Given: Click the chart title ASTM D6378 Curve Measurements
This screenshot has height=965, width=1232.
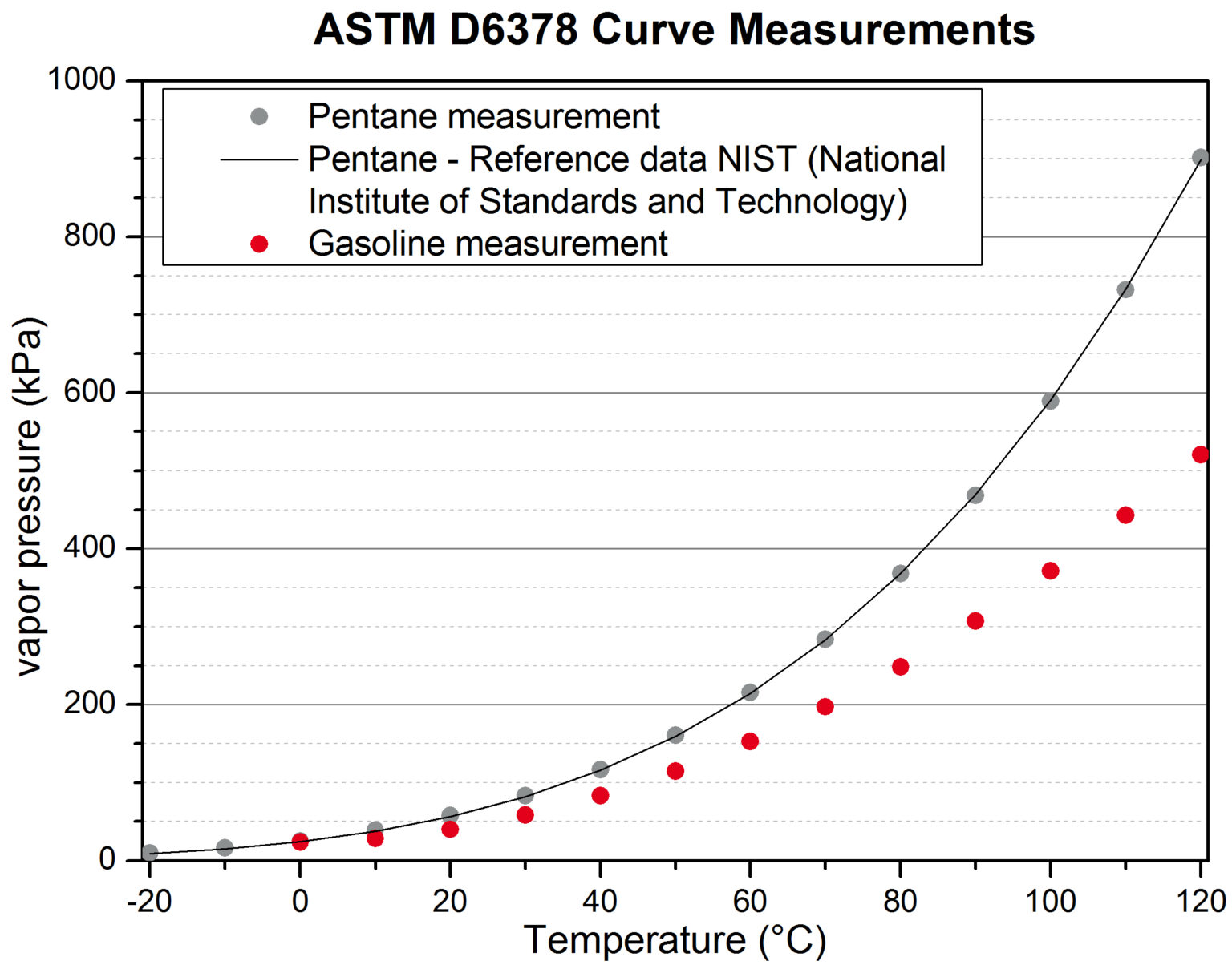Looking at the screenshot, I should point(674,30).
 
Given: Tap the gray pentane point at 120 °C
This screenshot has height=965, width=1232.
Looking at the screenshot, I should point(1200,157).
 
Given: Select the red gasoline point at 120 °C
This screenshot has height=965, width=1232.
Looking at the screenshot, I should point(1200,454).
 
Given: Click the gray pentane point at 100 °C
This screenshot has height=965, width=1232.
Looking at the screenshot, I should point(1050,401).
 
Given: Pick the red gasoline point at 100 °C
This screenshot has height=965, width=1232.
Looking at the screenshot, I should point(1050,571).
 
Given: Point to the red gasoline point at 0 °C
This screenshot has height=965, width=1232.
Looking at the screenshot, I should point(300,842).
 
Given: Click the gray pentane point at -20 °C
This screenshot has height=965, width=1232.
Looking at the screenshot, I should point(150,852).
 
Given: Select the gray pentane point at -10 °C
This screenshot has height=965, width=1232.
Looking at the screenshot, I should point(225,847).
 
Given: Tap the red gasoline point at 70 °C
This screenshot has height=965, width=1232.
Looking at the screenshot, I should point(825,706).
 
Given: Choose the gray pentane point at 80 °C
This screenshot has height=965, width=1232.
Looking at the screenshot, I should point(900,574).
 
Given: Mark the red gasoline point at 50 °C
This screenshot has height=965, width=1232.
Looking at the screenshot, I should point(675,771).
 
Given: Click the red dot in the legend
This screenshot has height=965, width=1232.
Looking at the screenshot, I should point(259,244).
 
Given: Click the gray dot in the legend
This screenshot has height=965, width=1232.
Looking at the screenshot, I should point(259,117).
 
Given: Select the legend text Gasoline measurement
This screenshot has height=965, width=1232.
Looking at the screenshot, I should point(488,244).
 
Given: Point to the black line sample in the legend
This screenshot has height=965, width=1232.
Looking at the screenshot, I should point(259,159).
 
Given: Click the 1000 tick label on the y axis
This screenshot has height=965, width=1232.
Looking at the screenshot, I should point(82,79).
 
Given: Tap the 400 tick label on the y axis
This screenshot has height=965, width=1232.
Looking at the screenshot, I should point(90,548).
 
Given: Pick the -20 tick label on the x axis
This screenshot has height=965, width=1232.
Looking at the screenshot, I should point(149,902).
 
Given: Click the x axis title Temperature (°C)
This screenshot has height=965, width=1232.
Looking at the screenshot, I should point(674,940).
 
